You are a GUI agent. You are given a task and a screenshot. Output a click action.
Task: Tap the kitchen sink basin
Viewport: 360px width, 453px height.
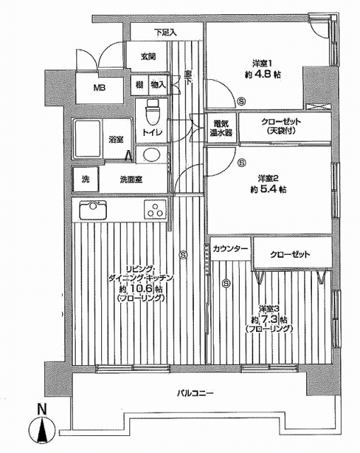(x=93, y=210)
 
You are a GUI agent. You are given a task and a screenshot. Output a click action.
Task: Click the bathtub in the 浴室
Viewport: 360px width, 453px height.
(x=88, y=139)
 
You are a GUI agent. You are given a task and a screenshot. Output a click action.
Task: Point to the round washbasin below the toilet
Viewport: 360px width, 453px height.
(x=152, y=155)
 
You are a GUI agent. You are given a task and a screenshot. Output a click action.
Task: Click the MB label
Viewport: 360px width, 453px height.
(x=99, y=88)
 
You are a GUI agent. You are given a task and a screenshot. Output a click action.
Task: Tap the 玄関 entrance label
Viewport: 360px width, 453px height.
(x=148, y=57)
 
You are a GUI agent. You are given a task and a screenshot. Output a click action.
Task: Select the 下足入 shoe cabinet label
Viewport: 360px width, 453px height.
(x=165, y=32)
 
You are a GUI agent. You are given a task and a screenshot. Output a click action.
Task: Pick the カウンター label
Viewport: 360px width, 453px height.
(x=231, y=248)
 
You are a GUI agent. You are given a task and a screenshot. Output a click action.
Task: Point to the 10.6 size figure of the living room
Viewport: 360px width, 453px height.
(x=141, y=289)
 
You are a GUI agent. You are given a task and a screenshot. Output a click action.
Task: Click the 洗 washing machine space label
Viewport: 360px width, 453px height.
(x=86, y=179)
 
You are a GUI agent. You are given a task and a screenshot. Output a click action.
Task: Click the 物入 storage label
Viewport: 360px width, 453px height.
(x=158, y=85)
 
